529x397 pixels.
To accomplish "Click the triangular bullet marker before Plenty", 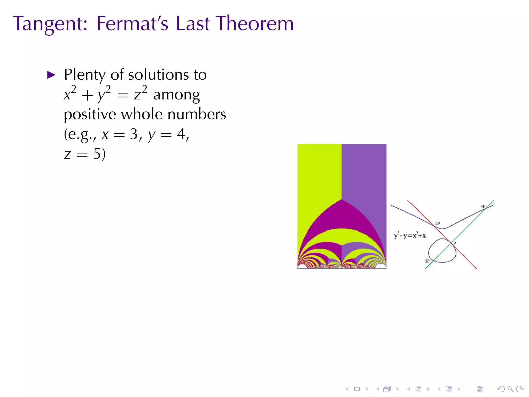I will point(51,75).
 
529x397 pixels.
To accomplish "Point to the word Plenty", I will point(85,75).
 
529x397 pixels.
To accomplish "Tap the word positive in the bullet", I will point(90,115).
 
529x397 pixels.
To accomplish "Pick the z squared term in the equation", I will point(141,94).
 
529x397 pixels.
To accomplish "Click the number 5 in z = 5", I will point(97,154).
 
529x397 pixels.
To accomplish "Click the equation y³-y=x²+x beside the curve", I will point(410,235).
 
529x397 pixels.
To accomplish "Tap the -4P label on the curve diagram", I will point(482,207).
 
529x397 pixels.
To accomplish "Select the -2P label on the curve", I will point(437,224).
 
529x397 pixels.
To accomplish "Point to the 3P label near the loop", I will point(427,261).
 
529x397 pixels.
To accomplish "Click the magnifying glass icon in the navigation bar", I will point(510,389).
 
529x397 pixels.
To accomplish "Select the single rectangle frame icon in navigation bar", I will point(357,389).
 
